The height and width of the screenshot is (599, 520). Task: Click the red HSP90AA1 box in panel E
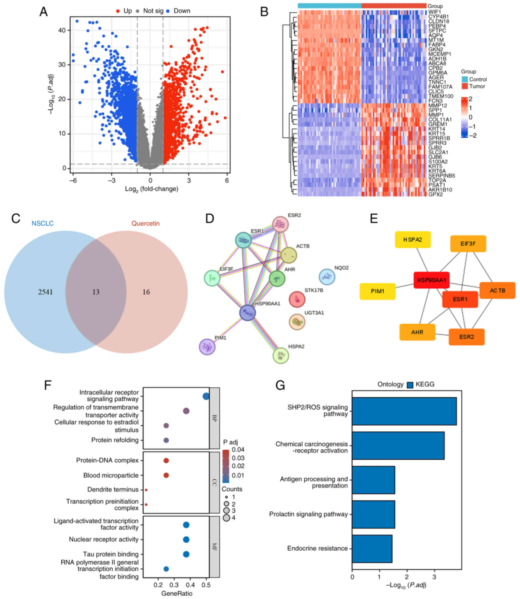tap(431, 280)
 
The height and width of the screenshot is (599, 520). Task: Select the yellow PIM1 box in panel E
tap(377, 291)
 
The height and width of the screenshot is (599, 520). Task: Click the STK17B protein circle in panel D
tap(297, 299)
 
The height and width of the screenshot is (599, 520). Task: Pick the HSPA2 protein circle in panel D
tap(281, 355)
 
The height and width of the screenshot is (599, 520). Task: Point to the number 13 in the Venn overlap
tap(96, 292)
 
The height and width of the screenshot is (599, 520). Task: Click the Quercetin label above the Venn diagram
tap(145, 223)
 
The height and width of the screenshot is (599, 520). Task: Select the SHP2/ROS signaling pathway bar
tap(404, 411)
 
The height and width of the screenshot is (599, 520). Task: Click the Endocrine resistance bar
tap(372, 549)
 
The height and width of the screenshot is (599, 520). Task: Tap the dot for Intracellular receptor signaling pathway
tap(206, 396)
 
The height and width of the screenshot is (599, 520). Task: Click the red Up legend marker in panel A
tap(118, 11)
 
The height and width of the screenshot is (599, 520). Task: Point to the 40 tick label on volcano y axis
tap(62, 30)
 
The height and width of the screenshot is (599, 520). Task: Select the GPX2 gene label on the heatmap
tap(435, 194)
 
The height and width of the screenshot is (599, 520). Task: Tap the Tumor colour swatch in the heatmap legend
tap(464, 86)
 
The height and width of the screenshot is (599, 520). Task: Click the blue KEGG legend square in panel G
tap(410, 385)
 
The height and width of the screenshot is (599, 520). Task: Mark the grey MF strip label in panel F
tap(214, 547)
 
